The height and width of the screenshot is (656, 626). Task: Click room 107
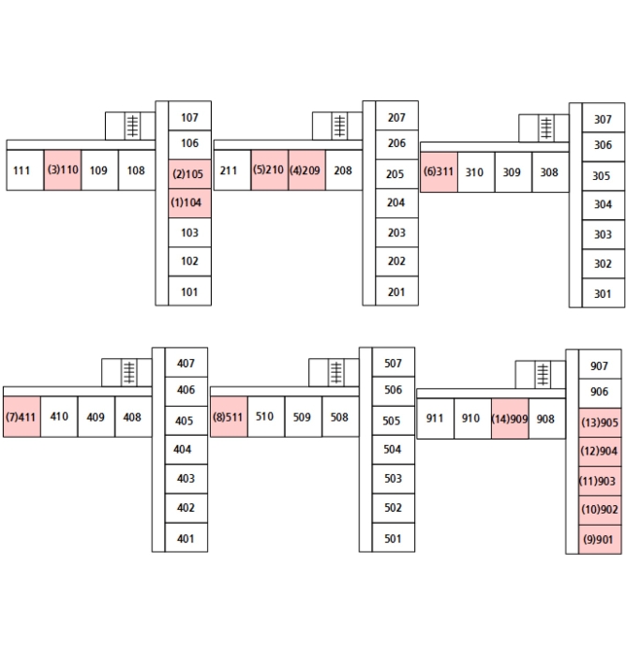(189, 117)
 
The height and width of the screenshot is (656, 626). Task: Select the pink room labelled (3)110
(63, 171)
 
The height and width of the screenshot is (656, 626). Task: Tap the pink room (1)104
(189, 202)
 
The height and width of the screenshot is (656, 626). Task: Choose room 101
(189, 291)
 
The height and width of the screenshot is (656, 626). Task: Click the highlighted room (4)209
(306, 171)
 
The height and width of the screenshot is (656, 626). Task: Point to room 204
(396, 202)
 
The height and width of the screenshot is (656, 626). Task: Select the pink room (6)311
(439, 172)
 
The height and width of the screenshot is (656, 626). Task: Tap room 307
(603, 119)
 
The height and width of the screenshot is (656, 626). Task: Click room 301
(603, 293)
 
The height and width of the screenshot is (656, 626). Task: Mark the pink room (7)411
(22, 417)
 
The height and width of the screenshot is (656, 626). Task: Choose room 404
(186, 449)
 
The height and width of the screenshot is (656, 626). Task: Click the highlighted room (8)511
(229, 417)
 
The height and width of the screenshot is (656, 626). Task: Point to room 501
(393, 538)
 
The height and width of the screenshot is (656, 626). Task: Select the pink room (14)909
(510, 419)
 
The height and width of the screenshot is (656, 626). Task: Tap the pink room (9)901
(600, 539)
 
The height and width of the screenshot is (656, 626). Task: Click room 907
(600, 365)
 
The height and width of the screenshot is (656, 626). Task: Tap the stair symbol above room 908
(543, 374)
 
